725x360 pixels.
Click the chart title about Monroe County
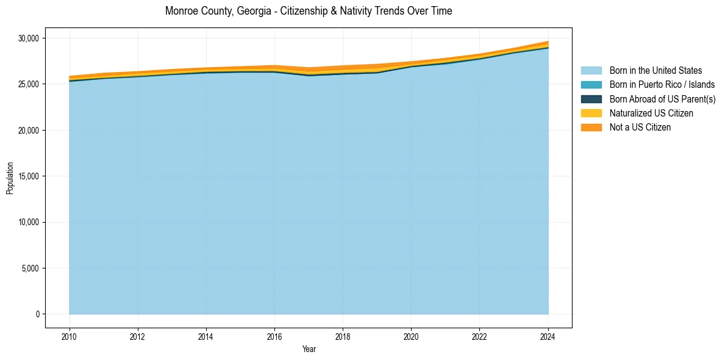tap(309, 11)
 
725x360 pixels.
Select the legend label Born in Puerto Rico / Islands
tap(662, 85)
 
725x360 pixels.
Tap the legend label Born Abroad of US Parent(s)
tap(662, 99)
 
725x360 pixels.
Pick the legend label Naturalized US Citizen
tap(651, 113)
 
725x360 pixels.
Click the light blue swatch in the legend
tap(591, 71)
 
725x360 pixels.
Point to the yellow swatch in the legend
tap(591, 113)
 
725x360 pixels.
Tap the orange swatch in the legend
tap(591, 128)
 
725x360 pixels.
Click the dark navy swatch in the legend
tap(591, 99)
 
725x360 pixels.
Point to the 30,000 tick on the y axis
tap(28, 38)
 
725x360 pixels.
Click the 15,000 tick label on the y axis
tap(28, 176)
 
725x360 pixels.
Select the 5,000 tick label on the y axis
tap(30, 268)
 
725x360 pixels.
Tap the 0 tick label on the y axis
tap(37, 314)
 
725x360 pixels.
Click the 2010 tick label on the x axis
tap(70, 336)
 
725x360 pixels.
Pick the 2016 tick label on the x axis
tap(274, 336)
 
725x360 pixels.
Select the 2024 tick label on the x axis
tap(548, 336)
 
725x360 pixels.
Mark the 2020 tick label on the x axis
tap(412, 336)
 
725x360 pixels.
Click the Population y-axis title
tap(10, 178)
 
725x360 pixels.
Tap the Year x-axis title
tap(309, 350)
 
